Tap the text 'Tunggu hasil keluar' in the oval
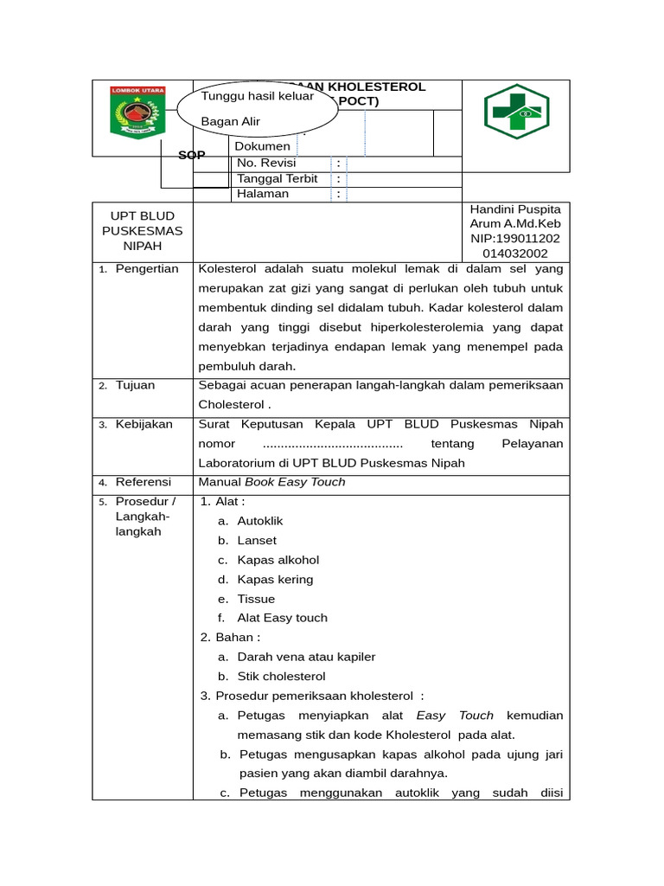[x=257, y=97]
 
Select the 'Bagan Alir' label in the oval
[x=230, y=121]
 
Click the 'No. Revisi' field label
[x=266, y=163]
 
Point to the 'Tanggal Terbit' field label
[x=278, y=178]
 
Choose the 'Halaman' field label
[x=263, y=194]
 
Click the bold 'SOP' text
[x=191, y=155]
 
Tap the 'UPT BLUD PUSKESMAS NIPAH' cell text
[x=143, y=231]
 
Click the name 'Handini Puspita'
[x=514, y=209]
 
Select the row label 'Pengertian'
[x=147, y=268]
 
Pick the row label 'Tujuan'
[x=135, y=385]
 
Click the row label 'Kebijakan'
[x=144, y=424]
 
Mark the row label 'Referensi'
[x=144, y=482]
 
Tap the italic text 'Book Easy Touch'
[x=295, y=482]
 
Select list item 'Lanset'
[x=256, y=541]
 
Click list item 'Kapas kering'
[x=275, y=580]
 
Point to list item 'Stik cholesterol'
[x=281, y=677]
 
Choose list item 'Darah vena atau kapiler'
[x=306, y=657]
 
